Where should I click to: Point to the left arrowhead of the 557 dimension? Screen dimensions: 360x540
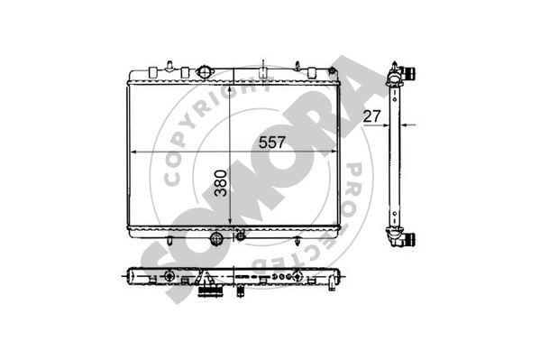pos(136,152)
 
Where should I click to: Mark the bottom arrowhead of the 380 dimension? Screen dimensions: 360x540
pos(233,226)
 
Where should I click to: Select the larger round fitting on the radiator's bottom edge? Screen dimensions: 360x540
pos(215,239)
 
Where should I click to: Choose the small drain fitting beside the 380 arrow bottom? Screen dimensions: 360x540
pos(240,236)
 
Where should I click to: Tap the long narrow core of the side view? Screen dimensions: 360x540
pos(393,153)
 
